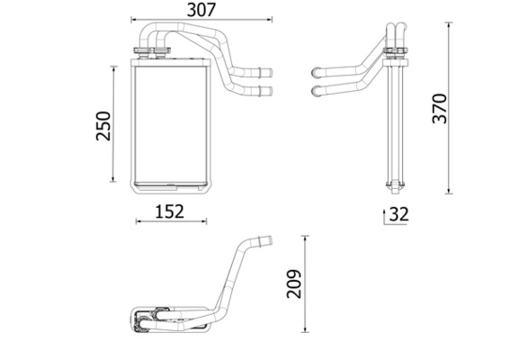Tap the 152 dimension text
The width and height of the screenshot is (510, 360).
tap(169, 211)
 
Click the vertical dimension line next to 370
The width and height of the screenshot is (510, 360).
tap(450, 108)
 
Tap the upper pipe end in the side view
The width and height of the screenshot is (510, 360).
tap(315, 71)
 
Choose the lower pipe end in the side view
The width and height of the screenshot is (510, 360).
tap(315, 90)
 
